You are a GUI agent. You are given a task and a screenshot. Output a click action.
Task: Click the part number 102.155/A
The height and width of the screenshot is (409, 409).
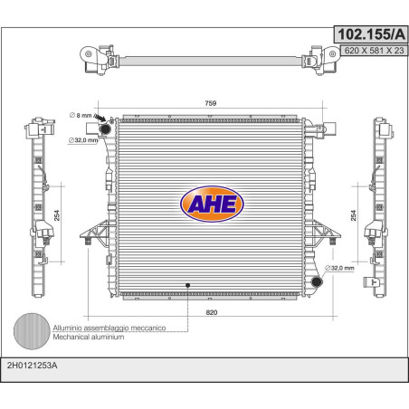[x=371, y=34]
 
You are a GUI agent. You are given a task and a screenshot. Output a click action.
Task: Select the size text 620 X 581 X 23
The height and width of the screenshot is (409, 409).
[x=374, y=51]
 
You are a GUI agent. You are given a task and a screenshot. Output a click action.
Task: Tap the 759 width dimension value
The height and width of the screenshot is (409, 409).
[x=211, y=103]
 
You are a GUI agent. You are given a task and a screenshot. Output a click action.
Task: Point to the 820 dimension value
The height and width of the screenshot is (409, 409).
[x=212, y=312]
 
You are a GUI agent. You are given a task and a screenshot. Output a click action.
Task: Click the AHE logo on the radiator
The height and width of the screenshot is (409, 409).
[x=212, y=204]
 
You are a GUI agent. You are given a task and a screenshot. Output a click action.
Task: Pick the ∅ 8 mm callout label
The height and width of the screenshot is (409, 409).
[x=81, y=115]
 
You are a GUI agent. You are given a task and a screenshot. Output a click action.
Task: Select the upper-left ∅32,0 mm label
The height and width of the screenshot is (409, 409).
[x=83, y=140]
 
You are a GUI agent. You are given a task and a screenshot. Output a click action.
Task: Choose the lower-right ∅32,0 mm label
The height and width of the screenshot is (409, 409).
[x=339, y=268]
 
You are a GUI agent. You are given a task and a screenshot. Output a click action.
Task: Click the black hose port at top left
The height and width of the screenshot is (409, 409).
[x=105, y=129]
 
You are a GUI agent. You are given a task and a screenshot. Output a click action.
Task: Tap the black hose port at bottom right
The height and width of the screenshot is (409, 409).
[x=317, y=282]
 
